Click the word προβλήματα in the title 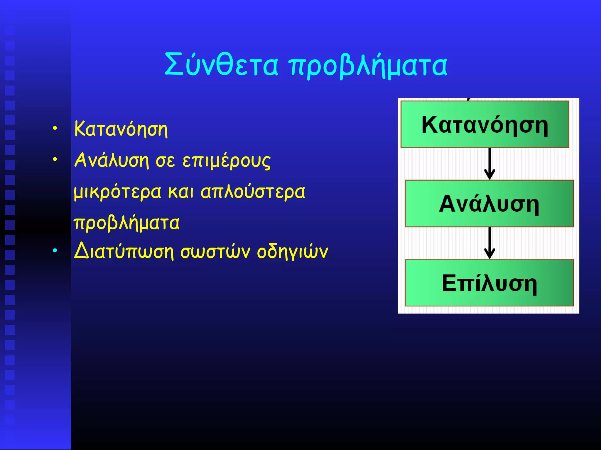pyautogui.click(x=368, y=66)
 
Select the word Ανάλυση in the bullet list pyautogui.click(x=112, y=160)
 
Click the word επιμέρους pyautogui.click(x=226, y=161)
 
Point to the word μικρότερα pyautogui.click(x=117, y=192)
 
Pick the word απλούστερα pyautogui.click(x=253, y=192)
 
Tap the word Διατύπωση pyautogui.click(x=124, y=251)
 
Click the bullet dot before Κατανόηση pyautogui.click(x=55, y=128)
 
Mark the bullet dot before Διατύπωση pyautogui.click(x=55, y=250)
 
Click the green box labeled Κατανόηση pyautogui.click(x=484, y=124)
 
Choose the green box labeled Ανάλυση pyautogui.click(x=489, y=203)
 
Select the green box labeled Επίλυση pyautogui.click(x=489, y=282)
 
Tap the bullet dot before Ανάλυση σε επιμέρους pyautogui.click(x=55, y=160)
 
